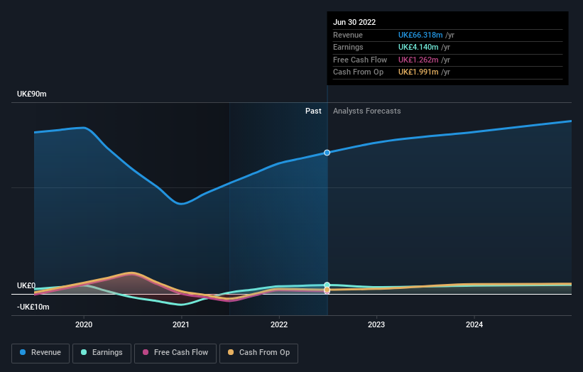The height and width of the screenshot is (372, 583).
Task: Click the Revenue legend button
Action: [40, 353]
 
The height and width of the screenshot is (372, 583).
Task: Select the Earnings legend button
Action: [102, 353]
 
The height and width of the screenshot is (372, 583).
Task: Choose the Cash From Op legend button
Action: [259, 353]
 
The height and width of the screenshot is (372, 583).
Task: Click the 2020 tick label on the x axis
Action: [84, 325]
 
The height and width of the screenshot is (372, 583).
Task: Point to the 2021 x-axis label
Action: [181, 325]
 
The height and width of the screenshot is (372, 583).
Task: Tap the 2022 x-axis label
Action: [279, 325]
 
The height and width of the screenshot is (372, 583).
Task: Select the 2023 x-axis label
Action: [376, 325]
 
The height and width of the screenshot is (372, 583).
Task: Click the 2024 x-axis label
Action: [474, 325]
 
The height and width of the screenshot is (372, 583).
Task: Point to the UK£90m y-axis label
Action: [32, 94]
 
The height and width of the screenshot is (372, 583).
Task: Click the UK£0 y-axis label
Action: [26, 285]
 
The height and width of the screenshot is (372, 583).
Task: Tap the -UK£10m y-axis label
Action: [33, 307]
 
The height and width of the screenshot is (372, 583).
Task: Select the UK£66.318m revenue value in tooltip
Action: [420, 35]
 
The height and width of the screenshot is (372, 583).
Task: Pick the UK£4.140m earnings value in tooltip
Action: [419, 48]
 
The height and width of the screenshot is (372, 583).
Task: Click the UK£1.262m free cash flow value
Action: [419, 60]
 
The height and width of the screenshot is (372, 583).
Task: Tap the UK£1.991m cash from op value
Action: [419, 72]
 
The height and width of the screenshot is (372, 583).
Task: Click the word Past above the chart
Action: [313, 111]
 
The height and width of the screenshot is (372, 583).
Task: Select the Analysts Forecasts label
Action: [366, 111]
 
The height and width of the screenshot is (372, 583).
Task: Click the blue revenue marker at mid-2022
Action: [327, 153]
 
